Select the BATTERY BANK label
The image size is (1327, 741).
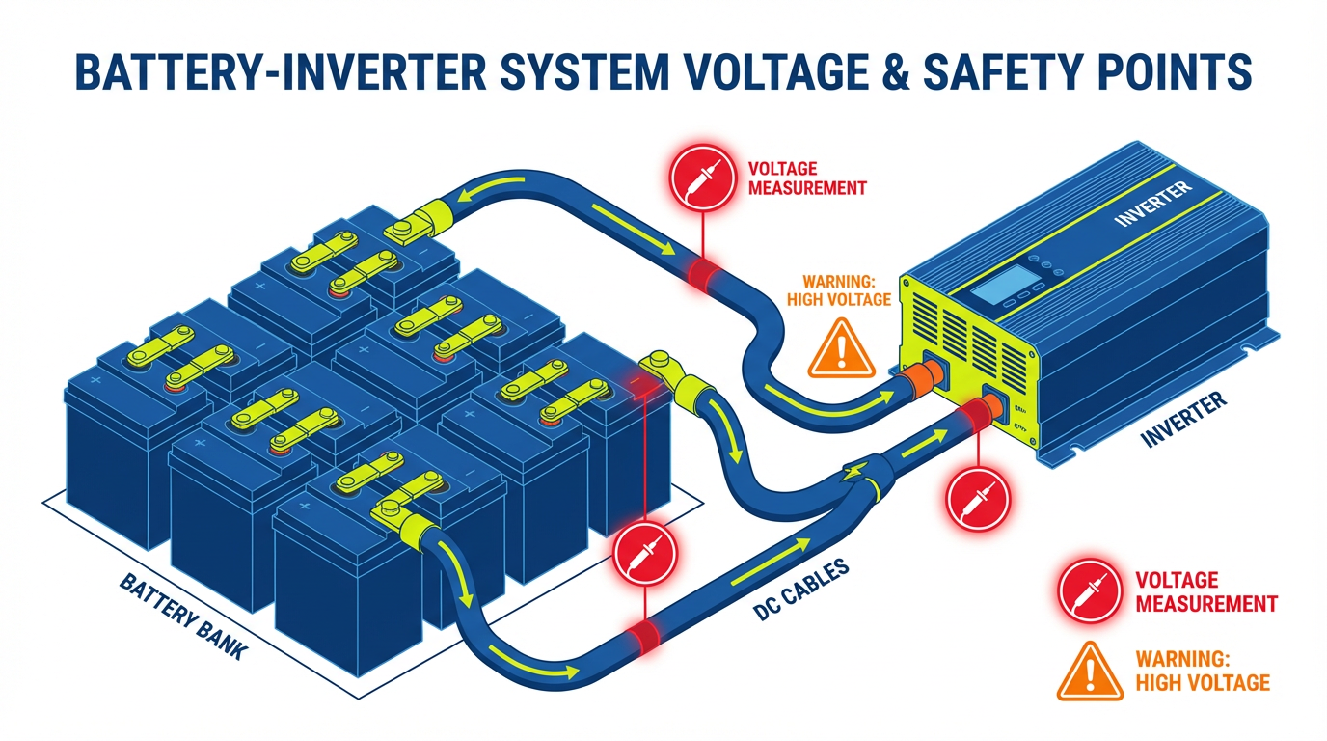coord(183,617)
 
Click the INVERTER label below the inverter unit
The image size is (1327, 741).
coord(1183,420)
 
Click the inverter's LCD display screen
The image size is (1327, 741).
coord(1003,284)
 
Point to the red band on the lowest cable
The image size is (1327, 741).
coord(644,634)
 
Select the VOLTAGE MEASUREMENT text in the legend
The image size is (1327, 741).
coord(1205,591)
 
